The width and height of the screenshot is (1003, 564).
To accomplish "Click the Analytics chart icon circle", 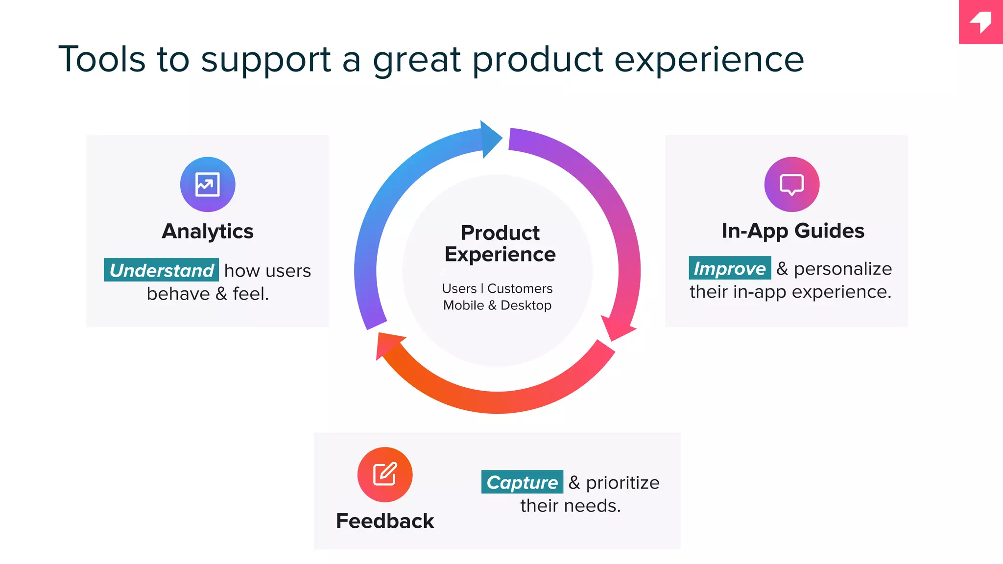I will point(208,185).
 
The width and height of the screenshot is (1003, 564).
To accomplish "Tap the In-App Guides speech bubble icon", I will point(791,185).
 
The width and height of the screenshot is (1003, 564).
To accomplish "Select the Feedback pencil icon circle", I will point(385,474).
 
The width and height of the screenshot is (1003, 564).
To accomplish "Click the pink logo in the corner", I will point(981,22).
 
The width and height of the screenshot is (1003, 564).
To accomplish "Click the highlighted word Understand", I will point(161,270).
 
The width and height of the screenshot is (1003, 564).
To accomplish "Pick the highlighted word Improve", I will point(729,268).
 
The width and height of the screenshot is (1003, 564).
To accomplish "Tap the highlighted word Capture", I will point(522,482).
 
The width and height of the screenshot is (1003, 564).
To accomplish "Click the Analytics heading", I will point(208,231).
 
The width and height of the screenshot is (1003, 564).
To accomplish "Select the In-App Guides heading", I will point(793,231).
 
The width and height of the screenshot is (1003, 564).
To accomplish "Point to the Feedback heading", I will point(385,521).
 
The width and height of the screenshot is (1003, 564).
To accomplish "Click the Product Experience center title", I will point(500,243).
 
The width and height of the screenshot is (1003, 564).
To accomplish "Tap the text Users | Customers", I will point(497,288).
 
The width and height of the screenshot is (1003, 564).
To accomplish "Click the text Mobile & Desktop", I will point(497,305).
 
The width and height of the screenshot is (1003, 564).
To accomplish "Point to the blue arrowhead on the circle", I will point(490,139).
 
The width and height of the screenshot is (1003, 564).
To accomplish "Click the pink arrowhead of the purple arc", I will point(618,327).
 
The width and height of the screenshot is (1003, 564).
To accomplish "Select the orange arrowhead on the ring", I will point(388,344).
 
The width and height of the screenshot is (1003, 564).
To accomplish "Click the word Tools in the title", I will point(102,59).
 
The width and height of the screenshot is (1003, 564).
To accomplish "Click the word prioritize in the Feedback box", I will point(622,483).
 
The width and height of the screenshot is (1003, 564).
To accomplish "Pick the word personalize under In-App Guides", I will point(842,269).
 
